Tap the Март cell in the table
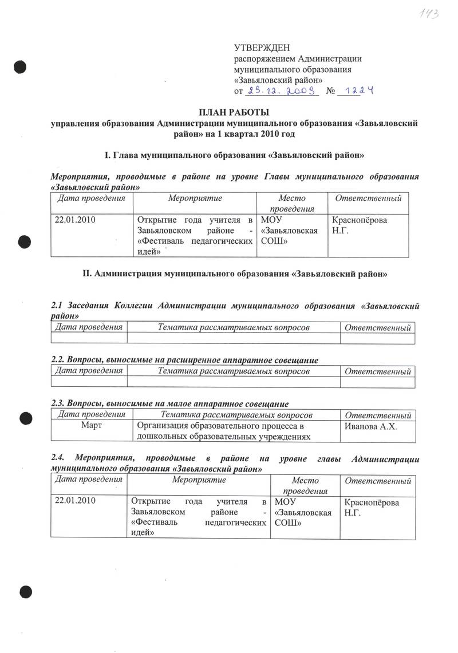coord(92,426)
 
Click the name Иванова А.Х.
coord(370,427)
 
